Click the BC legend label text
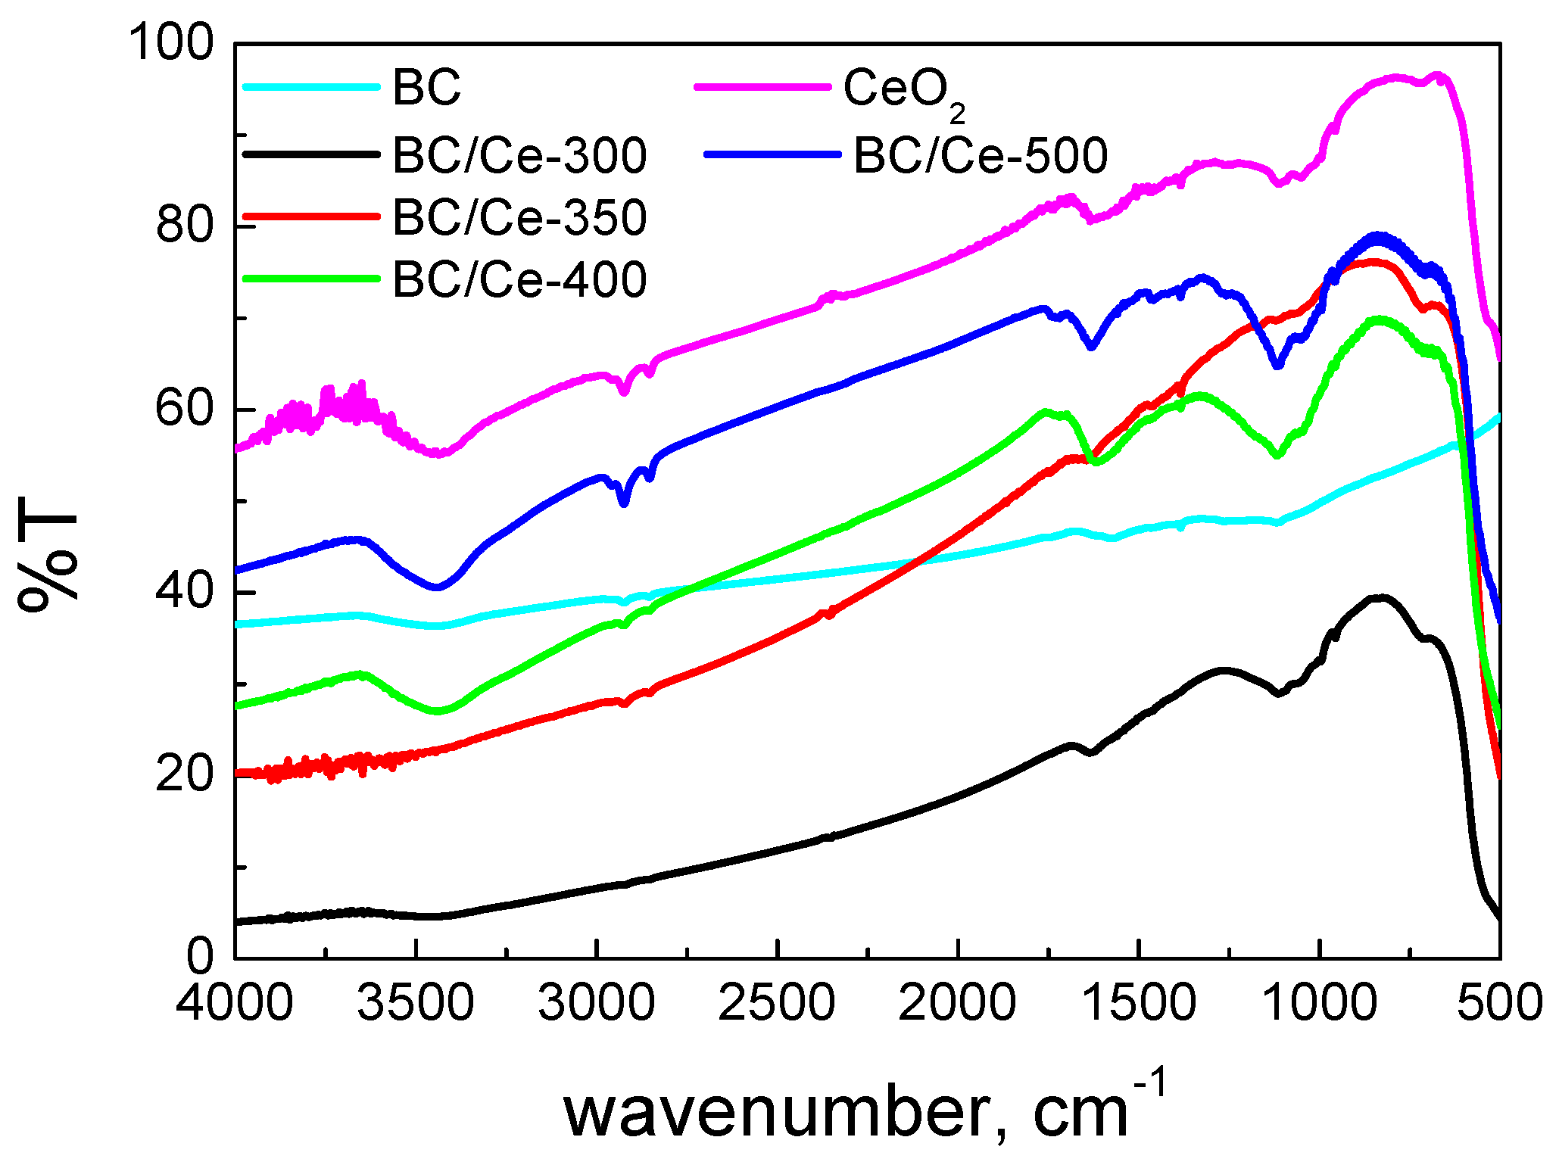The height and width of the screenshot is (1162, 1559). tap(426, 87)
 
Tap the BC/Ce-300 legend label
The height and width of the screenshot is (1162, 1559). tap(519, 155)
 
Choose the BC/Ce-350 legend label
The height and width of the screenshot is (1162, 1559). tap(519, 217)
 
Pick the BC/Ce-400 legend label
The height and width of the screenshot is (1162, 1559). tap(519, 279)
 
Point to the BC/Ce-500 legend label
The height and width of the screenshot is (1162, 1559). tap(981, 155)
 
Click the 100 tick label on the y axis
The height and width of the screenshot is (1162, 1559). tap(172, 43)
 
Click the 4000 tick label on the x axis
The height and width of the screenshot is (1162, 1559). tap(235, 1004)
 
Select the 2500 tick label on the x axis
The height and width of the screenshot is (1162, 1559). tap(777, 1004)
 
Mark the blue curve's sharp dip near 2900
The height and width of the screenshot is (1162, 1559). tap(623, 502)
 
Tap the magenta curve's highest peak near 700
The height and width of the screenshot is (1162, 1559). tap(1436, 75)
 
